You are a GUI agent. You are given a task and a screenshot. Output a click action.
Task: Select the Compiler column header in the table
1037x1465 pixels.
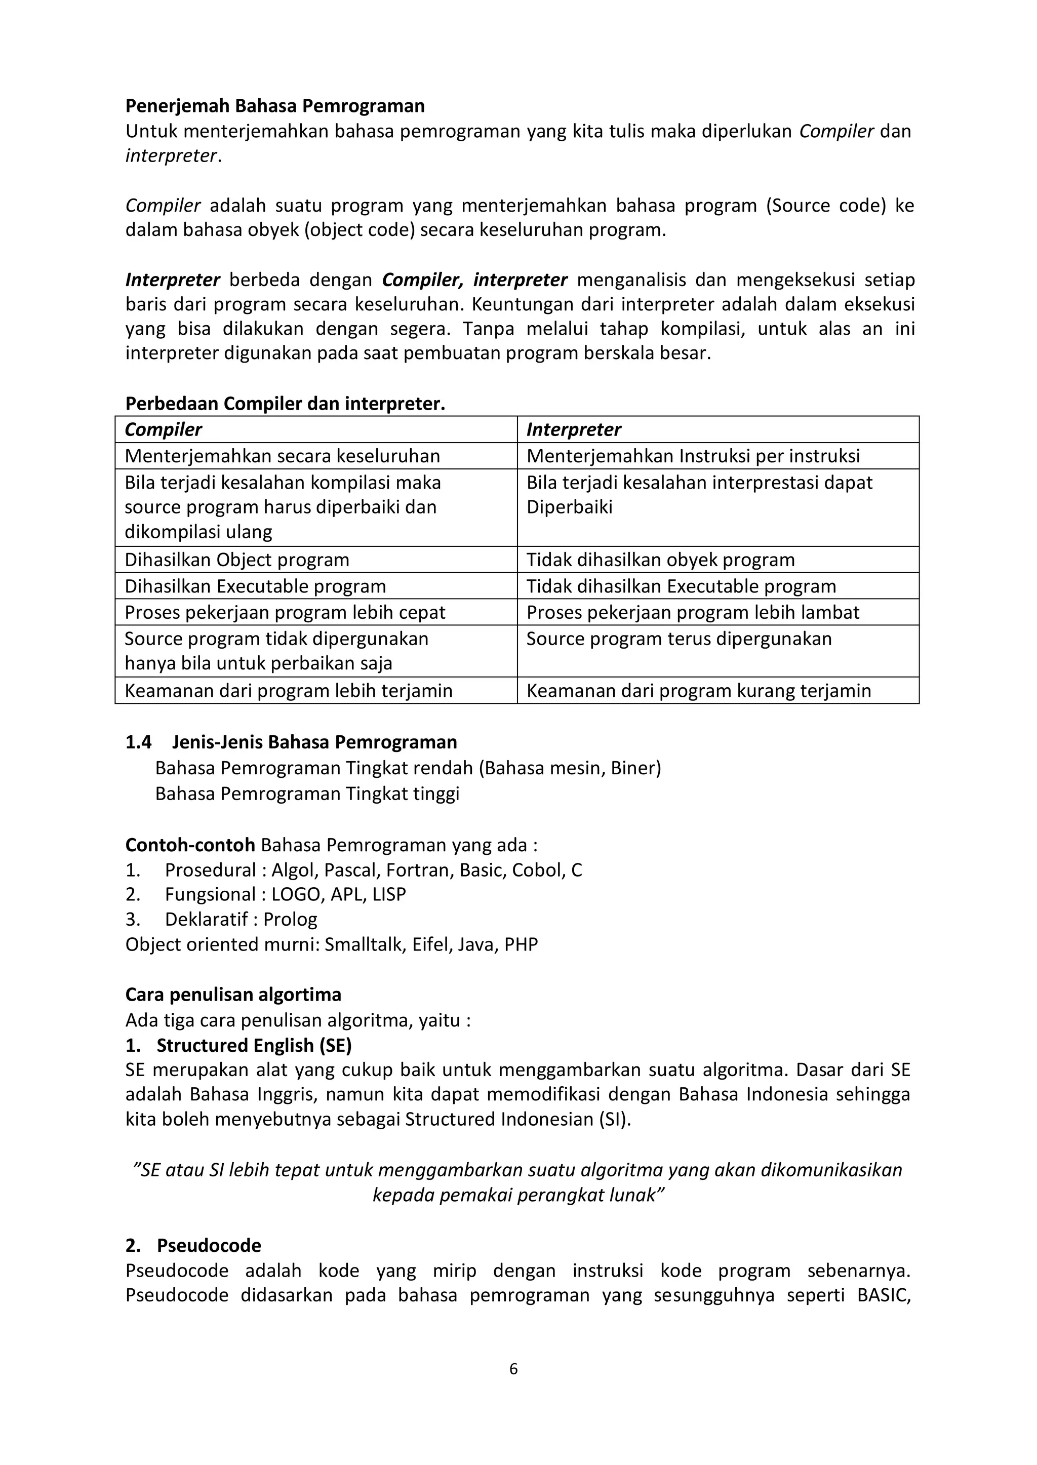(164, 430)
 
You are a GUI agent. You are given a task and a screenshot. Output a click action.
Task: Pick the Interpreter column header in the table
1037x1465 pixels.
(573, 430)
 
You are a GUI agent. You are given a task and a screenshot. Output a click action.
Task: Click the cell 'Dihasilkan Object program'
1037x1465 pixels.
(237, 560)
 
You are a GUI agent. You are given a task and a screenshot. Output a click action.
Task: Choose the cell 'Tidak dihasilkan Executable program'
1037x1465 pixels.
(681, 586)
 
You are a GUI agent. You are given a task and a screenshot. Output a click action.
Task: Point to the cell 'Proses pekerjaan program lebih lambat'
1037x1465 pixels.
(692, 612)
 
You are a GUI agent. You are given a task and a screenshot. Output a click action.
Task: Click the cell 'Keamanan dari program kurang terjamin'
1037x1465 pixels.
(699, 691)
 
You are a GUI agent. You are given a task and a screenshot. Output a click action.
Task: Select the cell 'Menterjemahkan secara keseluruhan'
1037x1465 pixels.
(282, 456)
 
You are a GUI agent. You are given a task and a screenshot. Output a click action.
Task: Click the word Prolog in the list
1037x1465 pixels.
(290, 920)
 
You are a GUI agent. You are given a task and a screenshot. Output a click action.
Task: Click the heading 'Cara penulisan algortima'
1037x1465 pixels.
(233, 995)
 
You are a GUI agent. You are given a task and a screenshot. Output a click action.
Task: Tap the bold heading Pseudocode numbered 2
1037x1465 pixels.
(209, 1246)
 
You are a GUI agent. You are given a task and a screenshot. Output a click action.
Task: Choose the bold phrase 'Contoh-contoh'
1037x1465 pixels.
(190, 846)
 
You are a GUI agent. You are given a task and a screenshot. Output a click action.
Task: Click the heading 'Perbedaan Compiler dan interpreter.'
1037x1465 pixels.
(285, 404)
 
